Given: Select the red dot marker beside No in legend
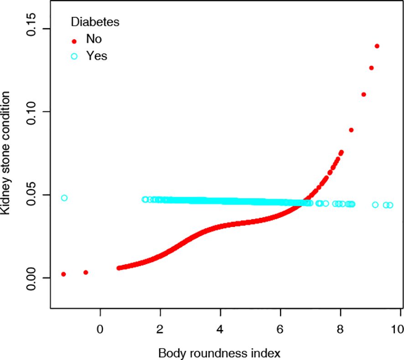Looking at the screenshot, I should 74,41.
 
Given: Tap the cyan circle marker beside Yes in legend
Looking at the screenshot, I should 74,57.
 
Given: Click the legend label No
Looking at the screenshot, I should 93,40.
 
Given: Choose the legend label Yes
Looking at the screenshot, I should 97,56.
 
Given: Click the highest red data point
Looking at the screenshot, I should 377,46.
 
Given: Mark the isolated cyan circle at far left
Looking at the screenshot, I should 64,198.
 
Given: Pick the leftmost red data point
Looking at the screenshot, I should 64,274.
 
